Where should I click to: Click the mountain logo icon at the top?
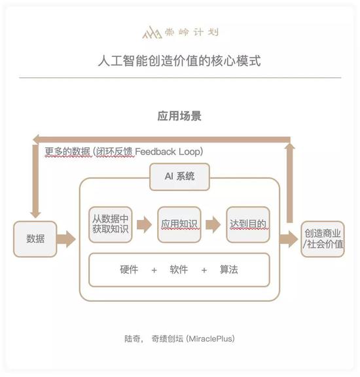coord(152,33)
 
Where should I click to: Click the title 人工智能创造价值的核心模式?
coord(179,60)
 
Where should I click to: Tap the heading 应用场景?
coord(179,116)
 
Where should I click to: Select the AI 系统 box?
coord(179,177)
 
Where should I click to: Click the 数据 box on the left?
coord(35,239)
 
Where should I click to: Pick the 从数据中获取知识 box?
coord(111,224)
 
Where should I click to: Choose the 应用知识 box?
coord(179,224)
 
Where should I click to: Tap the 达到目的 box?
coord(248,224)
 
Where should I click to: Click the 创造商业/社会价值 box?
coord(323,239)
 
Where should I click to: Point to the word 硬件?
coord(129,270)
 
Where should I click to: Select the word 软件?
coord(179,270)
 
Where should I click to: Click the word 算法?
coord(228,270)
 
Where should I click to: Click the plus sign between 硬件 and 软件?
coord(154,270)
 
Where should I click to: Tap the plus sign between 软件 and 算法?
coord(204,270)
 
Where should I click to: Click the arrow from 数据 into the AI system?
coord(66,239)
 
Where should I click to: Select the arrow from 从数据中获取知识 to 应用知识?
coord(144,224)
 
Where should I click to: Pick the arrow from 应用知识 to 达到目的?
coord(213,224)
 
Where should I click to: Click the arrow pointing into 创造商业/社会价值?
coord(289,239)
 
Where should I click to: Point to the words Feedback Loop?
coord(168,152)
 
